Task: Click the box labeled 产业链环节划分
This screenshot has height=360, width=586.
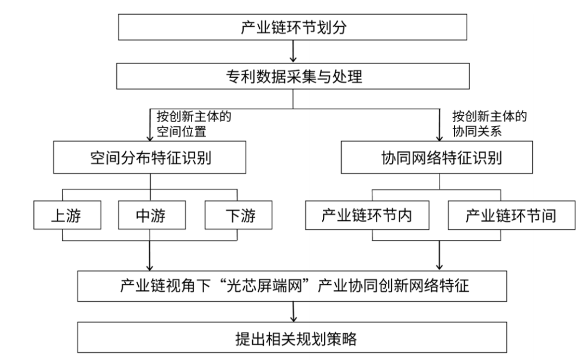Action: [292, 27]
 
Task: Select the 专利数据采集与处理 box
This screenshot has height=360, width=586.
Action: [292, 76]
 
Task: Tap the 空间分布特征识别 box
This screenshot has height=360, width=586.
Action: [150, 157]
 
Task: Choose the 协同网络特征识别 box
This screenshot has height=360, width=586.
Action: [437, 157]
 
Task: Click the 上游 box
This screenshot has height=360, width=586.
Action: [67, 215]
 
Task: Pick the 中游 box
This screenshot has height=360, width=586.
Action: [152, 215]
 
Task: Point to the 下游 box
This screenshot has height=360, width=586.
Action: [238, 215]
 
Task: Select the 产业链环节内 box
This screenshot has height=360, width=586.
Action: [367, 215]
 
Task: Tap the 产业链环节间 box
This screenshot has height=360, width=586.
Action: [512, 215]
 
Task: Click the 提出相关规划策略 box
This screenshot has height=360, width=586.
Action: [292, 337]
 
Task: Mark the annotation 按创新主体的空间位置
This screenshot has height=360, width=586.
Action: [194, 124]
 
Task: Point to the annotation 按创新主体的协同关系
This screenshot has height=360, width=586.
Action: [489, 124]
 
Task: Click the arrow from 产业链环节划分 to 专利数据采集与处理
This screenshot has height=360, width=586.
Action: [293, 51]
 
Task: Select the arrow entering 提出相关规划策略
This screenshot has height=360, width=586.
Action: [294, 312]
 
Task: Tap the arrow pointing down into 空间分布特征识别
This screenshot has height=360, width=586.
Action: [150, 125]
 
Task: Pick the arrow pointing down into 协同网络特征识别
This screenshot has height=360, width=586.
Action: [439, 125]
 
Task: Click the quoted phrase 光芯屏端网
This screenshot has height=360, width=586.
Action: [264, 286]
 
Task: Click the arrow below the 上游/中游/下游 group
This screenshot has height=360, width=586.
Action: [150, 256]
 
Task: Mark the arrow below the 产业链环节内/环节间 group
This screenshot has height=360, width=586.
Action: [439, 255]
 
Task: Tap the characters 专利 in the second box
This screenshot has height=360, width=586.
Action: [241, 77]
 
